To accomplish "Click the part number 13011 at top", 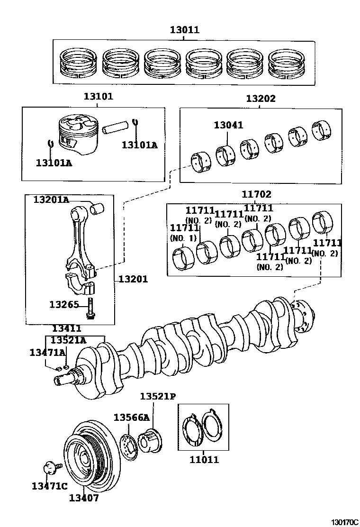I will (185, 30).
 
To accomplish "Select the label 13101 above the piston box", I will (98, 96).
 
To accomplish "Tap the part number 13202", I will (261, 99).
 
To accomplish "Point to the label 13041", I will (228, 125).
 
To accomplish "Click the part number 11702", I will (256, 194).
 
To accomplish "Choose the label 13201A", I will (51, 200).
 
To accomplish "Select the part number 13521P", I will (158, 396).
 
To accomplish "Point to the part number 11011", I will (204, 459).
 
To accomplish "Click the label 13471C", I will (49, 486).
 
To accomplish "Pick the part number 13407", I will (84, 498).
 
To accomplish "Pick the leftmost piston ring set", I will (78, 63).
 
